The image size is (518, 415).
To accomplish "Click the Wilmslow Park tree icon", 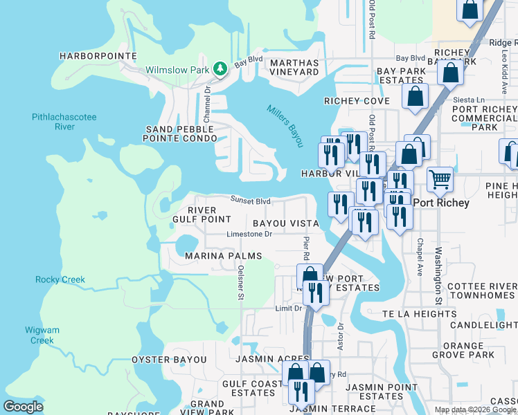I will tap(220, 68).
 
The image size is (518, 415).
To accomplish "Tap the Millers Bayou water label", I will tap(285, 125).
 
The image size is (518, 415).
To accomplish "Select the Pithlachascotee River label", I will tap(64, 122).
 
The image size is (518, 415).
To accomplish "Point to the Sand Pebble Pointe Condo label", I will tap(183, 135).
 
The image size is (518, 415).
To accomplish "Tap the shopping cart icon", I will tap(440, 180).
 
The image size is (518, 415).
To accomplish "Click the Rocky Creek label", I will tap(60, 280).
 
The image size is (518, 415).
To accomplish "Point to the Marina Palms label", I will tap(223, 256).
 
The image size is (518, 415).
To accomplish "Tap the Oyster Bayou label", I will tap(169, 360).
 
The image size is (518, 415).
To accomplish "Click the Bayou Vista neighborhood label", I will tap(285, 223).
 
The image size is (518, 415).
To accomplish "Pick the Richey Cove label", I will tap(357, 101).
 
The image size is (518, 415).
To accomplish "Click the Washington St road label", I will tap(438, 277).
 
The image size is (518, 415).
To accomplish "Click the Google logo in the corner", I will tap(24, 407).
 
